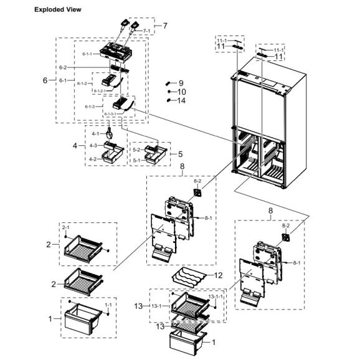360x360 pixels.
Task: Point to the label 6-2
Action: coord(63,67)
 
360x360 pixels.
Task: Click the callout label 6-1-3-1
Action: coord(110,115)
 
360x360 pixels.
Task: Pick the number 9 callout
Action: coord(181,82)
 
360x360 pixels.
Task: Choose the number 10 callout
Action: coord(182,92)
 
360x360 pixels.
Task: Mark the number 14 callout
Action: coord(182,100)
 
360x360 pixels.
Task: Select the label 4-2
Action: coord(93,159)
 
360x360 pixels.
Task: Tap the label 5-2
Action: coord(136,150)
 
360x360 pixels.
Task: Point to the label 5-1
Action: coord(136,160)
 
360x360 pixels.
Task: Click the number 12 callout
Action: coord(217,275)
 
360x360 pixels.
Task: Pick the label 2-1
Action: coord(65,228)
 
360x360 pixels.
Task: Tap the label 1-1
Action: coord(108,305)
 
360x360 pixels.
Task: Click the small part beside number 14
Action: coord(168,100)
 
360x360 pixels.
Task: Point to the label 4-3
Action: coord(93,146)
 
